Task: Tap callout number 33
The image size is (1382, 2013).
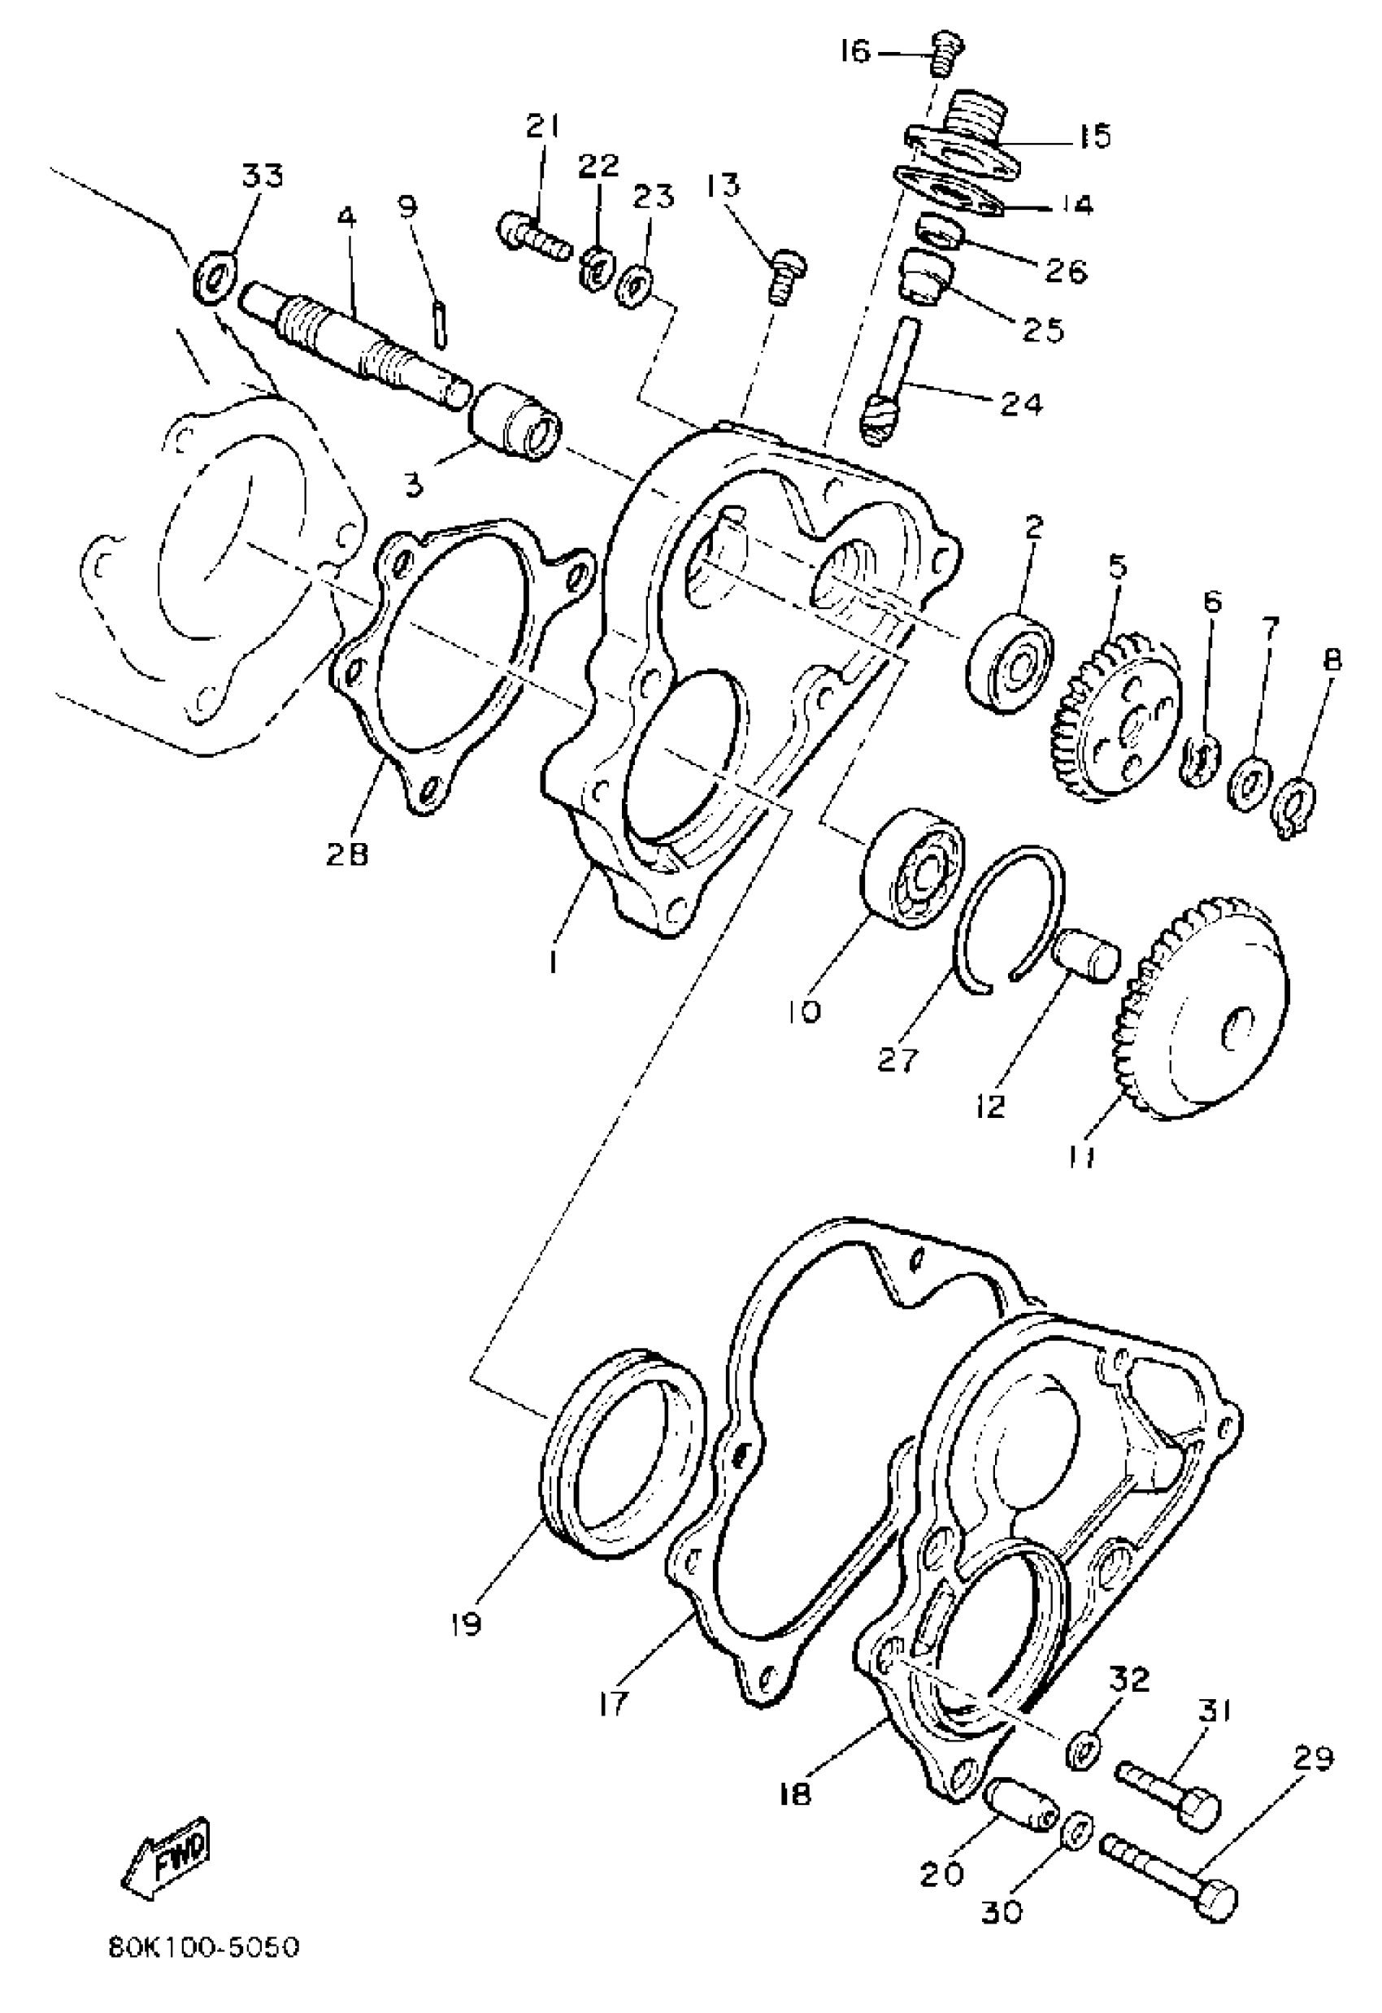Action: [x=263, y=176]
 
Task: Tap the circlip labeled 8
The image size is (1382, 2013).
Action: [x=1297, y=793]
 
